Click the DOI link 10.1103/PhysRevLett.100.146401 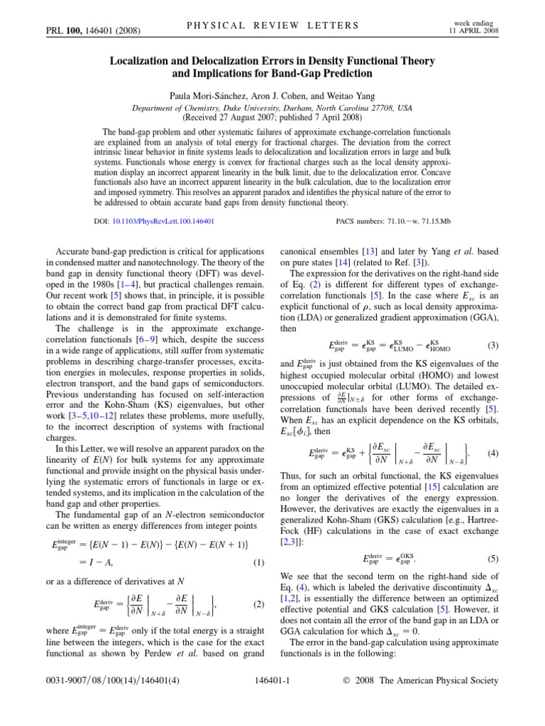(x=163, y=221)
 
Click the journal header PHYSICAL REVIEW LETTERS (x=272, y=26)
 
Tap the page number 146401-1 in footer (x=272, y=681)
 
